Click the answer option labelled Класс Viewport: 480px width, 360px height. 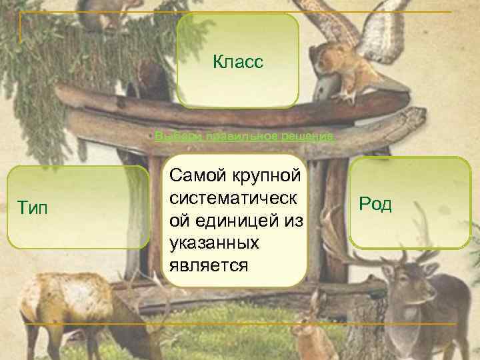tap(238, 62)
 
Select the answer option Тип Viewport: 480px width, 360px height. tap(77, 207)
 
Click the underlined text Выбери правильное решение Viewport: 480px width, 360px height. tap(244, 137)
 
